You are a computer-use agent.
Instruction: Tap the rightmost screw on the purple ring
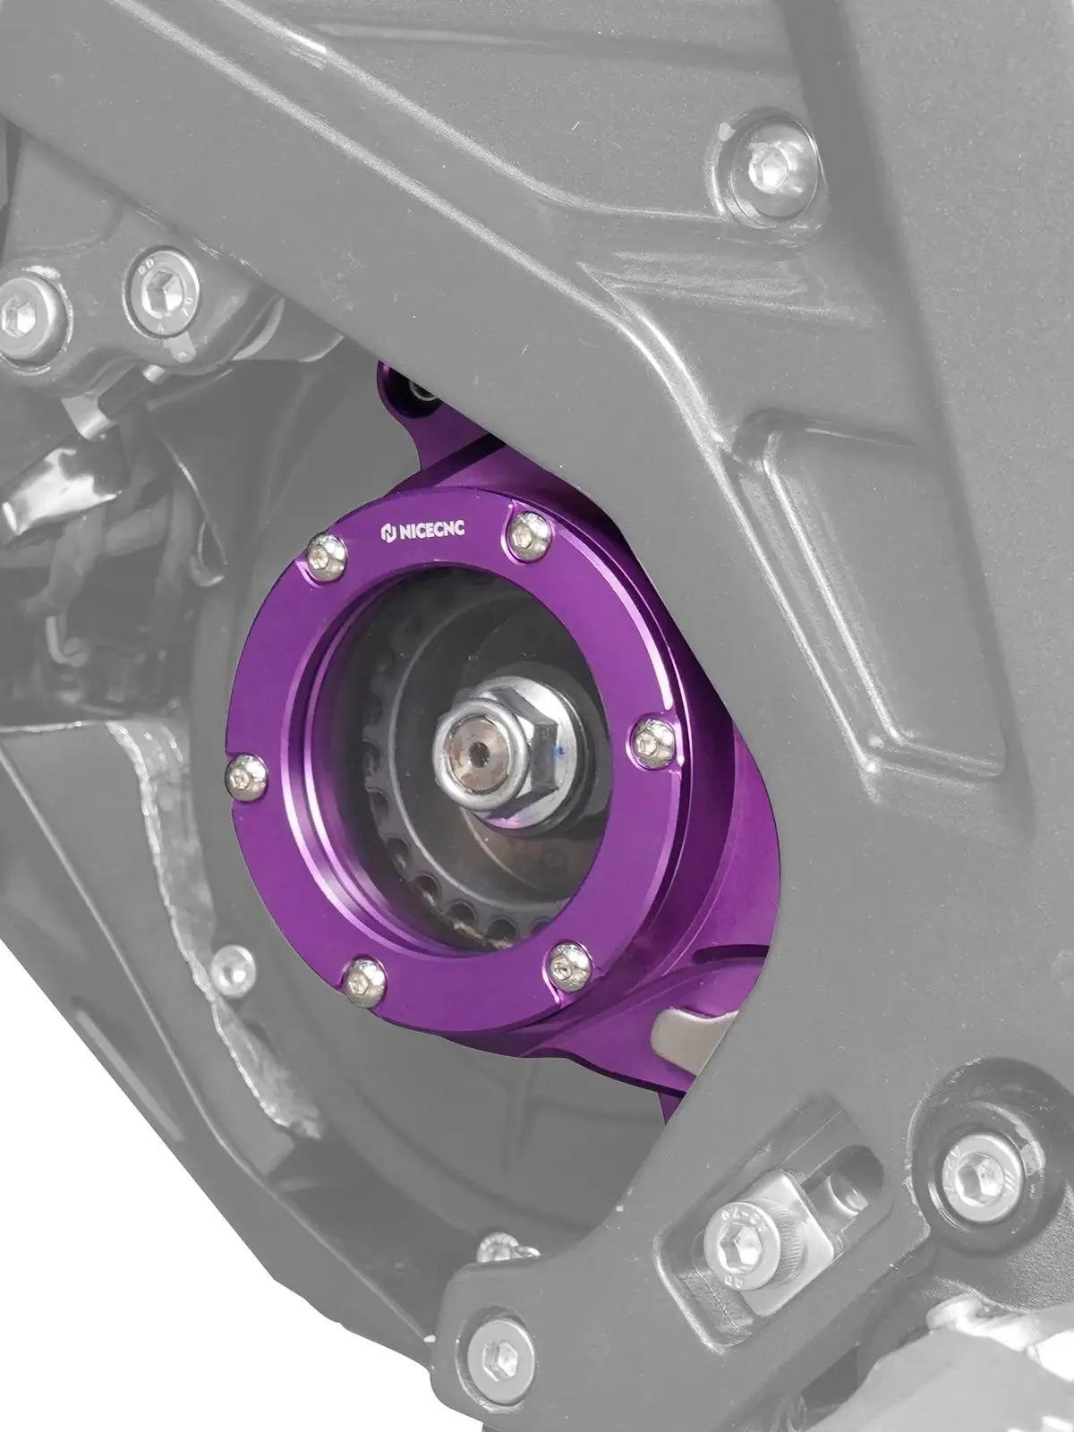click(651, 739)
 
